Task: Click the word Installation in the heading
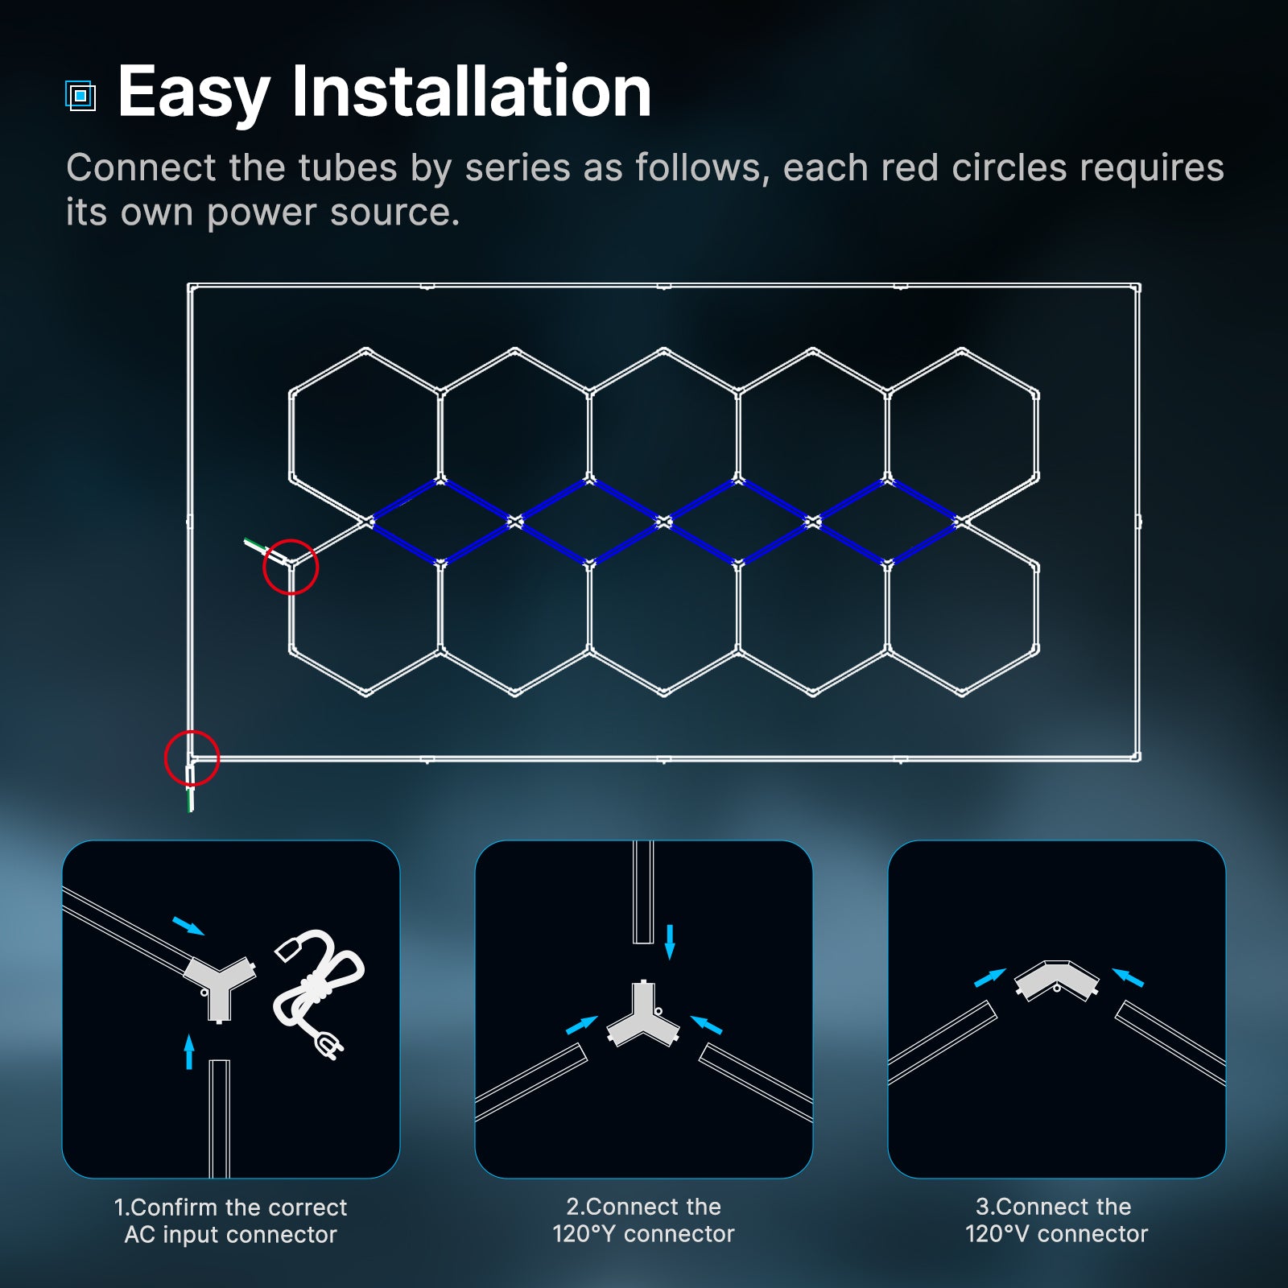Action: click(x=471, y=92)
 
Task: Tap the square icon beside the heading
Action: click(x=80, y=96)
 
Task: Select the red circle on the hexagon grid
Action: click(x=291, y=567)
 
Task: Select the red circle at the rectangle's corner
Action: click(x=192, y=758)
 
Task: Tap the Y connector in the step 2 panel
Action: click(x=642, y=1018)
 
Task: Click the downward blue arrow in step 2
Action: click(x=670, y=942)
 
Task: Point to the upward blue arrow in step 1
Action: click(x=189, y=1051)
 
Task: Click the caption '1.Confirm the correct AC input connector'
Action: click(x=230, y=1220)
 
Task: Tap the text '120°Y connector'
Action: click(x=643, y=1233)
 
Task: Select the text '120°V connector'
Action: click(x=1056, y=1233)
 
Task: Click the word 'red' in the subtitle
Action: click(x=909, y=168)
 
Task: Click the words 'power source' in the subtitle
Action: click(x=332, y=213)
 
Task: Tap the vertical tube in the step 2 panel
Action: click(x=642, y=891)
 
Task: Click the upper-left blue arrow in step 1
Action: click(x=188, y=926)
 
